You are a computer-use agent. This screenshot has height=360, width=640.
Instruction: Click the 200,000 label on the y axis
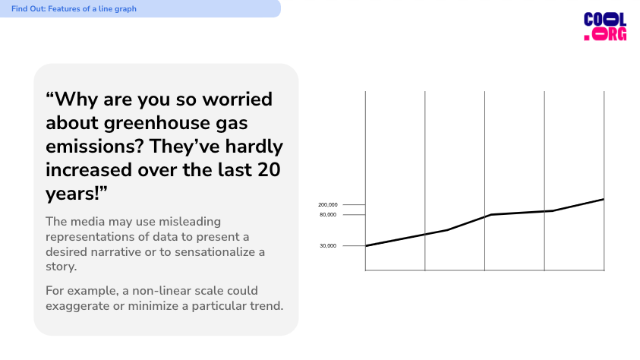coord(328,204)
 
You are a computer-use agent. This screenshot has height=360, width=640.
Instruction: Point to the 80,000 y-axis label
coord(328,215)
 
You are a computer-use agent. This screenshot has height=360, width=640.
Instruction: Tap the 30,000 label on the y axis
coord(328,246)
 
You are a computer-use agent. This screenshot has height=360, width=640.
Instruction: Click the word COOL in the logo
coord(605,20)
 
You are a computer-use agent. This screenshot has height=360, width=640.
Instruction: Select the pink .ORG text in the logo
coord(605,34)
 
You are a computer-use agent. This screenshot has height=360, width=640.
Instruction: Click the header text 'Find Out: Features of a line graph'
coord(74,8)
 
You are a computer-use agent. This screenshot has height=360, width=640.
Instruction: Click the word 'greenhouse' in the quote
coord(162,123)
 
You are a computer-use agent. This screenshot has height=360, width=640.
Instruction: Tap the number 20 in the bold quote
coord(269,170)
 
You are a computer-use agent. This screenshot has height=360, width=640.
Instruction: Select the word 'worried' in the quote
coord(237,99)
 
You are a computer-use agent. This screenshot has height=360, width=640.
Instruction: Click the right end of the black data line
coord(604,199)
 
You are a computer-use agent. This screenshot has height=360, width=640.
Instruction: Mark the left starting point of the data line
coord(366,246)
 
